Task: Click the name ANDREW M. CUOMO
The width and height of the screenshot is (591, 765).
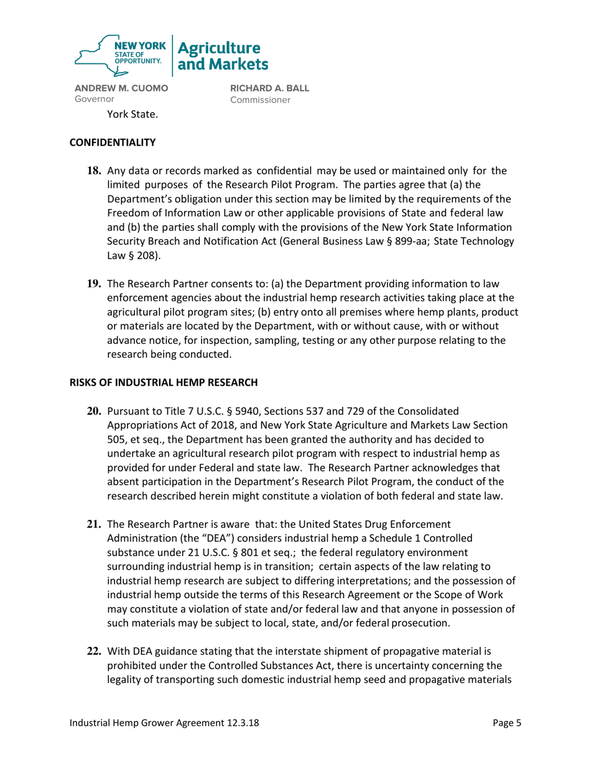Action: pos(121,88)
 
